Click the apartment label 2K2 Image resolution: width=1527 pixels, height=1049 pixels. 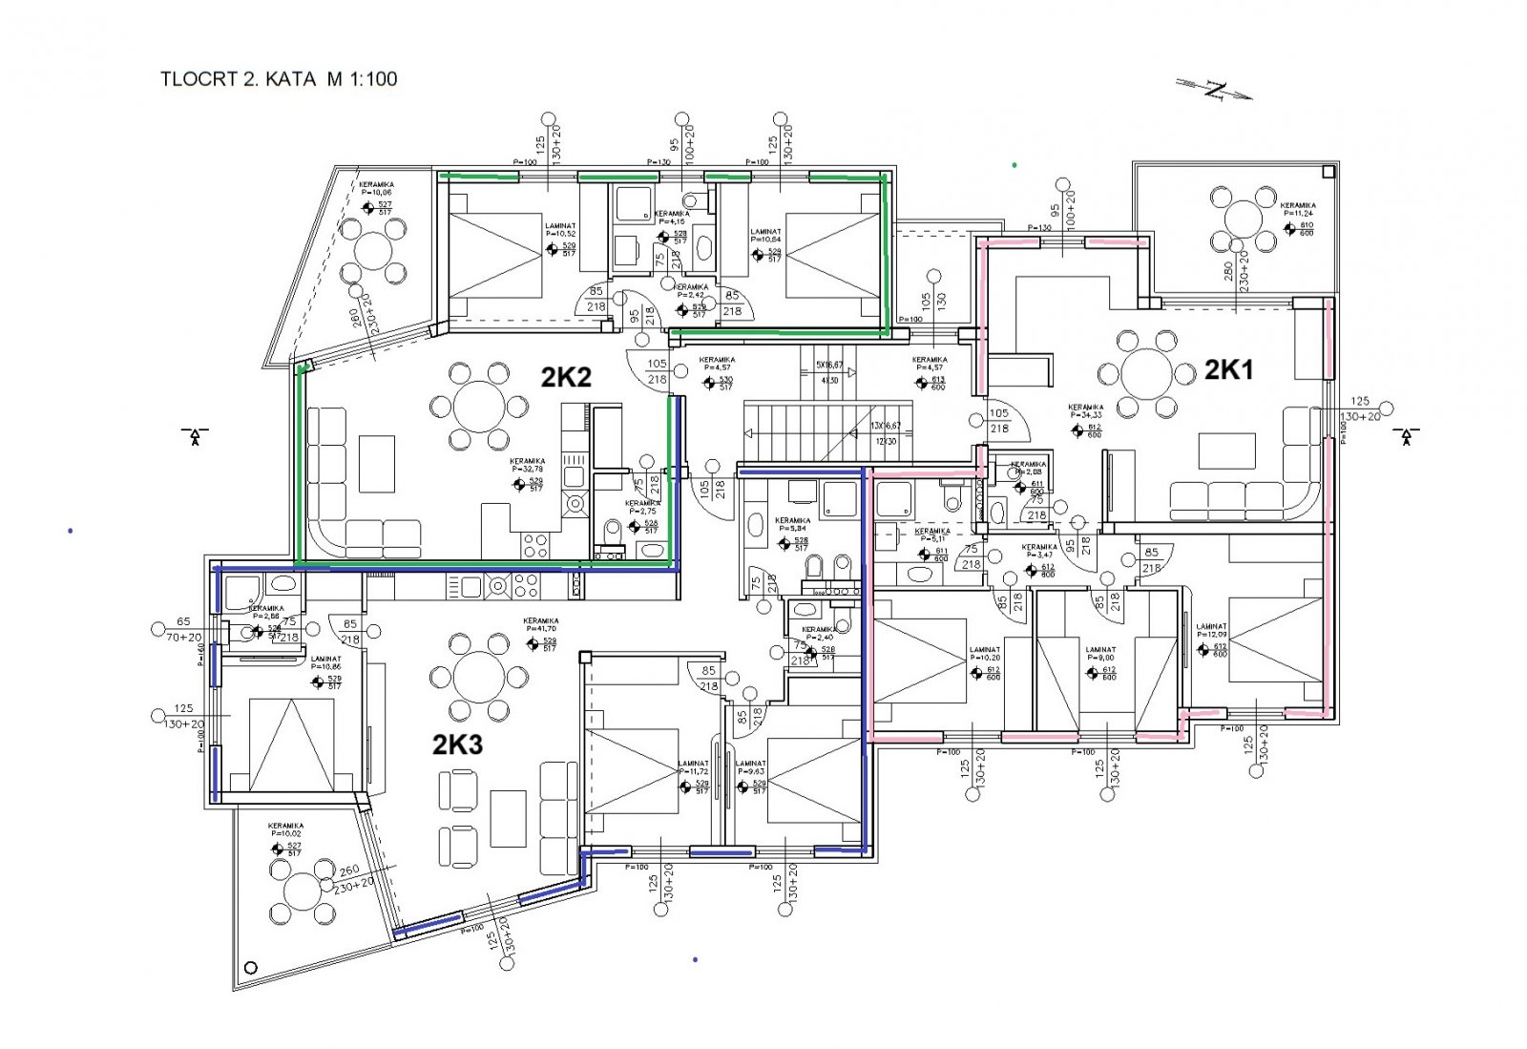(x=566, y=377)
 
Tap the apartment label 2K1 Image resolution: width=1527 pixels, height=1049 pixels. (x=1229, y=369)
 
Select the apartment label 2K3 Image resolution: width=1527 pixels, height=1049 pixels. (x=457, y=745)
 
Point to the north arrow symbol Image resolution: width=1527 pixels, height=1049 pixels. (x=1214, y=91)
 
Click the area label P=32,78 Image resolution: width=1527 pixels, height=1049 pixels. (x=527, y=469)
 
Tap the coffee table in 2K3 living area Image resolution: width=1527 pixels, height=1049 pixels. (x=508, y=818)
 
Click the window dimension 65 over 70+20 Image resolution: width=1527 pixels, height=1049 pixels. (x=183, y=629)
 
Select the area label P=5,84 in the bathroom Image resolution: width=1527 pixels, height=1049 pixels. (x=793, y=528)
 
